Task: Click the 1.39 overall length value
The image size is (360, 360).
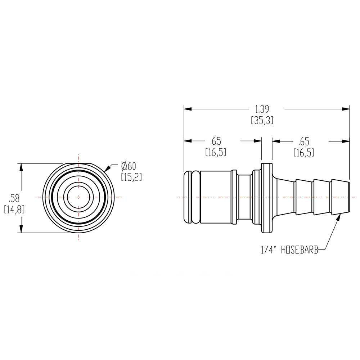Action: click(x=262, y=109)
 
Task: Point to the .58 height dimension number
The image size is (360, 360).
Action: click(x=14, y=198)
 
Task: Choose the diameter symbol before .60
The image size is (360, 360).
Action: click(x=124, y=166)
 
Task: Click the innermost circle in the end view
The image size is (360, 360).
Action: click(x=78, y=197)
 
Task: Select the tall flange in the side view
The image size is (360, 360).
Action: click(x=266, y=197)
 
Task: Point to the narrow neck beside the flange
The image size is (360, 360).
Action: click(x=245, y=197)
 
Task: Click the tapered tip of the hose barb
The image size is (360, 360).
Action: click(x=345, y=197)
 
